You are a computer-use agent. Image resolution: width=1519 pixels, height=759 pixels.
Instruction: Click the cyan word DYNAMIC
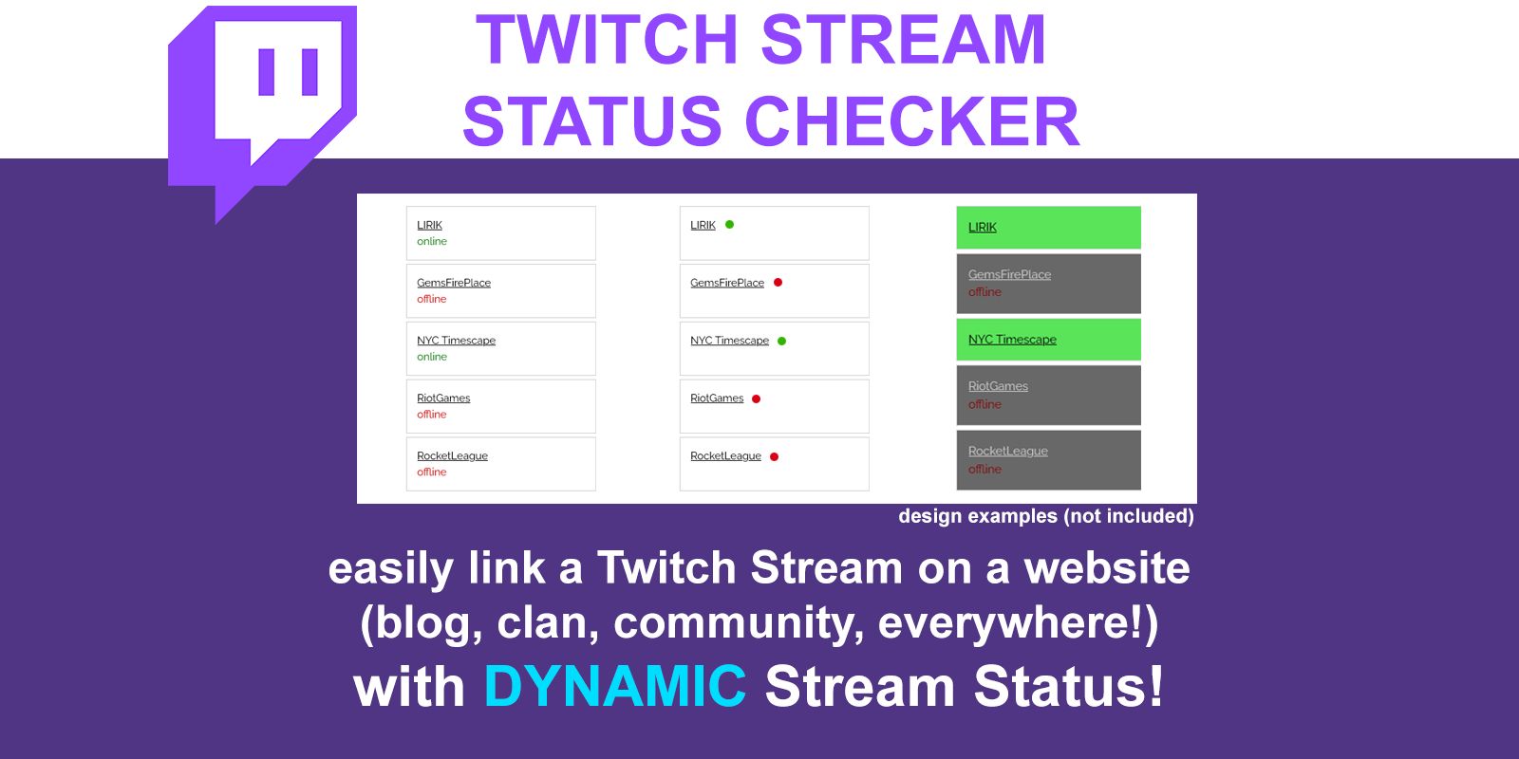pyautogui.click(x=615, y=687)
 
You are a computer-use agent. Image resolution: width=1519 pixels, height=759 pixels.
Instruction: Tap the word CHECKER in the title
pyautogui.click(x=912, y=121)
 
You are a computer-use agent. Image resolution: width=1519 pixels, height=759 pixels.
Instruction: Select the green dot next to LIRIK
pyautogui.click(x=730, y=224)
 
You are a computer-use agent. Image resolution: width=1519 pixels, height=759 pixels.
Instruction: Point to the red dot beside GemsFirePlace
pyautogui.click(x=778, y=282)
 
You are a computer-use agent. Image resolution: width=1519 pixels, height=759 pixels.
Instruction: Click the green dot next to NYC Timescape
pyautogui.click(x=782, y=341)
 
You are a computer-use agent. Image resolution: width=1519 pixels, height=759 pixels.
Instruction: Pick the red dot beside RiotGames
pyautogui.click(x=756, y=398)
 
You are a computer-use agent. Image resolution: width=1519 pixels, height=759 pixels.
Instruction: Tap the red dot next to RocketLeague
pyautogui.click(x=775, y=456)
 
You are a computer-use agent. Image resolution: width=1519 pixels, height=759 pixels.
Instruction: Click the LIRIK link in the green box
pyautogui.click(x=982, y=227)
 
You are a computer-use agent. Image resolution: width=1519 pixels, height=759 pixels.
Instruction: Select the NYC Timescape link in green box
pyautogui.click(x=1012, y=340)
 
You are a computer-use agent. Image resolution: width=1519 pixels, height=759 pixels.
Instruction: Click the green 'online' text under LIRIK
pyautogui.click(x=432, y=241)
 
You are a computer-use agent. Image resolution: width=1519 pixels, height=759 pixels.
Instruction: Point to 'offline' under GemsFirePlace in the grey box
pyautogui.click(x=985, y=292)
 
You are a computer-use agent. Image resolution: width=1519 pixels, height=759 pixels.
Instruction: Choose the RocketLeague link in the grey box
pyautogui.click(x=1007, y=452)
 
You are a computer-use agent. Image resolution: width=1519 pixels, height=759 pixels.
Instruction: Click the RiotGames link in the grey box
pyautogui.click(x=998, y=386)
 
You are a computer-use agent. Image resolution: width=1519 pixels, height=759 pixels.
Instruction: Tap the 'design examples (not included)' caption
pyautogui.click(x=1046, y=516)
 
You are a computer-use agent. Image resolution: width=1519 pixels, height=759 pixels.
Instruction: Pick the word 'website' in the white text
pyautogui.click(x=1107, y=568)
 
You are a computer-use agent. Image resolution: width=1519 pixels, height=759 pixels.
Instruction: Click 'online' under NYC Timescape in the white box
pyautogui.click(x=432, y=357)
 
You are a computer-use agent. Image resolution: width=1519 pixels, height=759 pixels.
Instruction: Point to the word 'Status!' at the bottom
pyautogui.click(x=1069, y=687)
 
